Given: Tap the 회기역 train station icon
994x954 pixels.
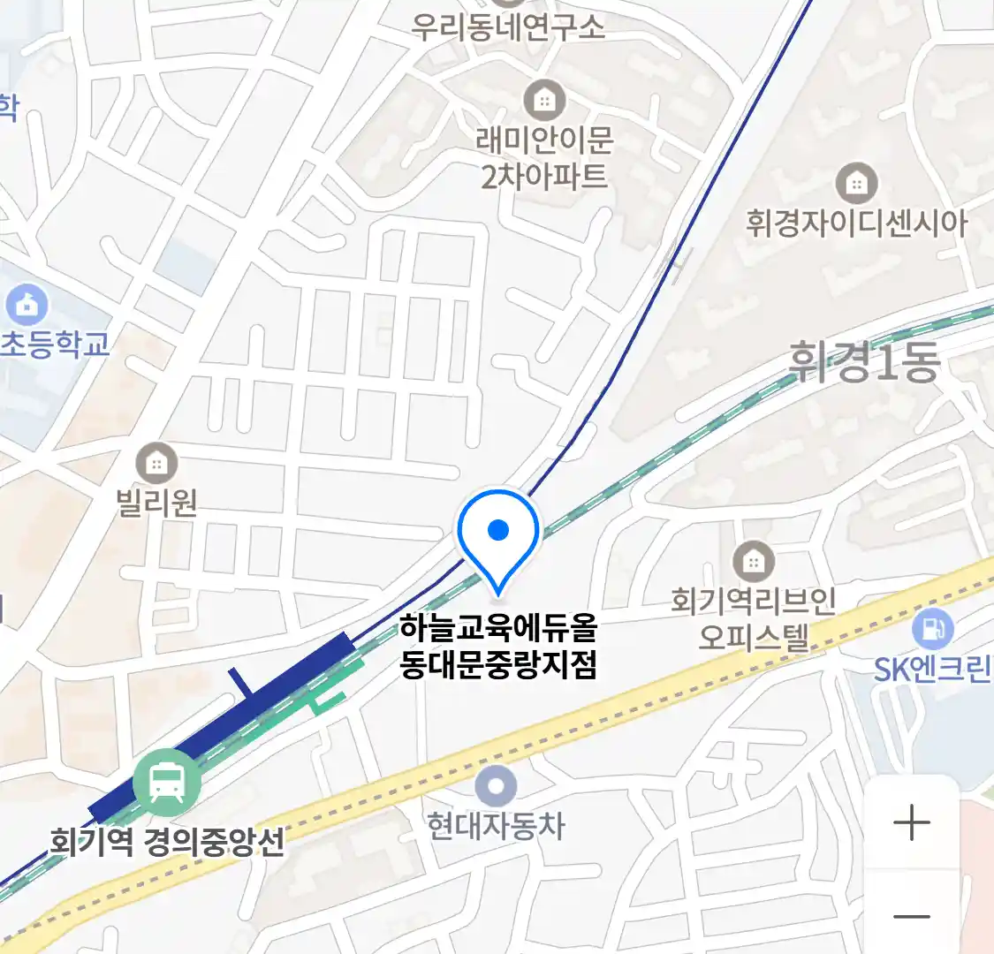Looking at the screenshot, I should [x=166, y=782].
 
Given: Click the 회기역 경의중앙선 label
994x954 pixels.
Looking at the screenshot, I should [x=168, y=842].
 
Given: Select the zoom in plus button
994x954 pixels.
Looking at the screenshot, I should [x=911, y=823].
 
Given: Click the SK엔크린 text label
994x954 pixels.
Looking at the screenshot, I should [x=933, y=670].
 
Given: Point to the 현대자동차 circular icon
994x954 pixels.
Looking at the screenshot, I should [x=496, y=785].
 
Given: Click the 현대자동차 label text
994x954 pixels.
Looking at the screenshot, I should [x=496, y=827].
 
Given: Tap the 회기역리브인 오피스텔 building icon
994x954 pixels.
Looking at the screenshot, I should [x=753, y=560].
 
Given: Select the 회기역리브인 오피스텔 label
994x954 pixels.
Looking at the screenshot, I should [x=753, y=618].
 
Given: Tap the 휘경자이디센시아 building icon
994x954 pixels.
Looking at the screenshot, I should [x=856, y=184].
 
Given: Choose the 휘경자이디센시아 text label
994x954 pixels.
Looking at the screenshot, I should [x=856, y=223].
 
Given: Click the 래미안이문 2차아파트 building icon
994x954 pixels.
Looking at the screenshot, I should [x=544, y=102].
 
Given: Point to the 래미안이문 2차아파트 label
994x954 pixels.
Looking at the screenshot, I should [x=544, y=158].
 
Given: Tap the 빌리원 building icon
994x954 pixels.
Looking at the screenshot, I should [x=156, y=463].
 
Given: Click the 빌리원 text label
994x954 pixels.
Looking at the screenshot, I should [x=156, y=503].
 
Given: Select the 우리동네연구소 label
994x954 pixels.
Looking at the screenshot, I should [x=508, y=27].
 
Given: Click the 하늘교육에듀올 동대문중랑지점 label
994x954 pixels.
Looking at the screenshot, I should [x=498, y=646].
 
